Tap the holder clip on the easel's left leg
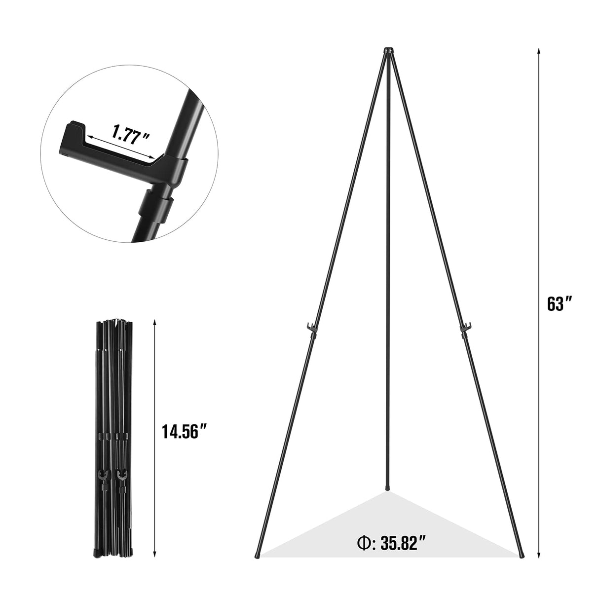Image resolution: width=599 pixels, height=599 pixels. coord(310,328)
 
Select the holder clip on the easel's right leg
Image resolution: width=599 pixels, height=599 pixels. coord(464,328)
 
